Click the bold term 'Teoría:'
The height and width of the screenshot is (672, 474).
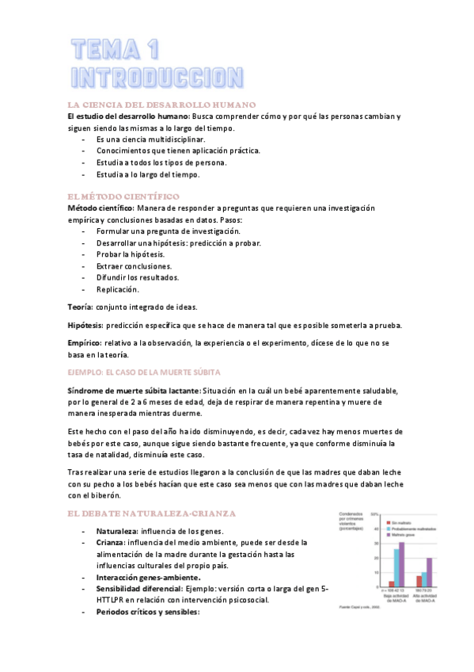pos(80,307)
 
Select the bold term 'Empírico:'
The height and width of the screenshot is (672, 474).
pos(85,342)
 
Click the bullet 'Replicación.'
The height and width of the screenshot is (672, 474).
pos(118,289)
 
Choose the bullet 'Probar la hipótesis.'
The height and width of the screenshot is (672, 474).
pos(131,254)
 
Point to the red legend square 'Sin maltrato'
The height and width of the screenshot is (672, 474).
pos(388,522)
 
